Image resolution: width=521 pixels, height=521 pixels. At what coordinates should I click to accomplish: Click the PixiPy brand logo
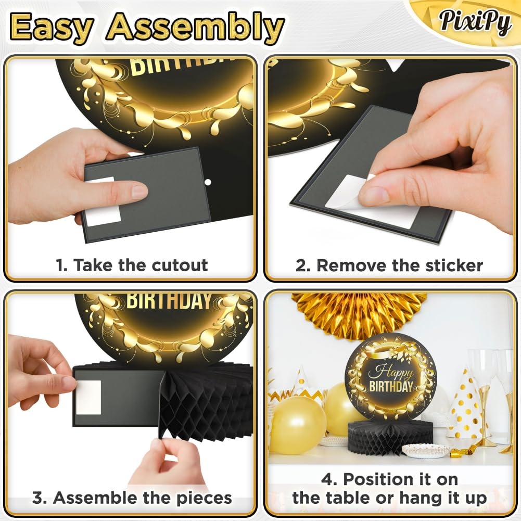coord(475,21)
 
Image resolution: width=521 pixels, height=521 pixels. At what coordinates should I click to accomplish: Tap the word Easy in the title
coord(52,27)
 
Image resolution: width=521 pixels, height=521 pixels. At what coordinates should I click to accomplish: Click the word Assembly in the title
coord(196,27)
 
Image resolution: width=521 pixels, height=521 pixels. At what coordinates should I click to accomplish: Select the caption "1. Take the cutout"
coord(132,265)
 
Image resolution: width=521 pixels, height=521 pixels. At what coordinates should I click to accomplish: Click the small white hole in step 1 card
coord(208,182)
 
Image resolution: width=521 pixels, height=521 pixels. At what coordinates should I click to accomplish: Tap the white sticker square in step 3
coord(88,398)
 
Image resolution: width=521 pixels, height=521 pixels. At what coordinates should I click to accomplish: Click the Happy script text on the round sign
coord(390,372)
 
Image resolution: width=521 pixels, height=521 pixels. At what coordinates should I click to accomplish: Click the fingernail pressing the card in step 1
coord(139,192)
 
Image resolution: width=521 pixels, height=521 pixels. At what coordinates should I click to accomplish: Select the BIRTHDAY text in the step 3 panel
coord(169,301)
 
